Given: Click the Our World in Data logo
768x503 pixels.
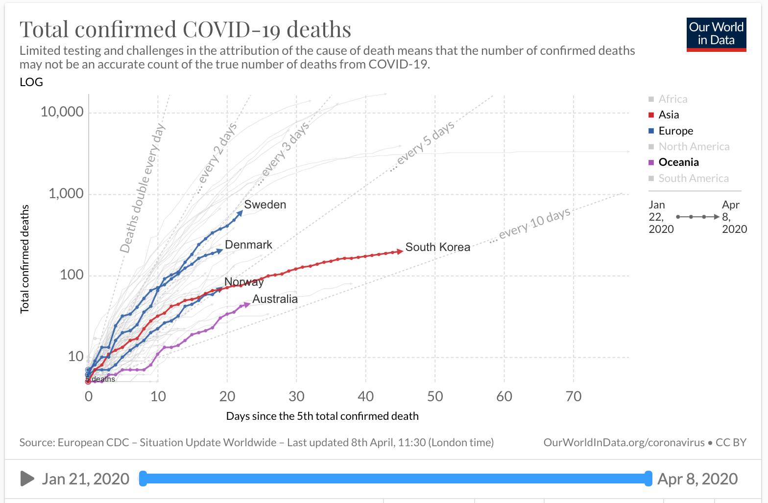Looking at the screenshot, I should (716, 34).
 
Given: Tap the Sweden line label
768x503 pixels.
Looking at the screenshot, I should (265, 205).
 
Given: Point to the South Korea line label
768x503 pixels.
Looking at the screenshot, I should (437, 247).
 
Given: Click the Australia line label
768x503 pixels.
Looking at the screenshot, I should (275, 299).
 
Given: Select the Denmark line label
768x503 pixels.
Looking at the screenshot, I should (248, 245).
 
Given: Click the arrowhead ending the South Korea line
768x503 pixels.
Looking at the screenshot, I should (400, 251).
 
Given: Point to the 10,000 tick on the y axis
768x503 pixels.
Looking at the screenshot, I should (62, 112).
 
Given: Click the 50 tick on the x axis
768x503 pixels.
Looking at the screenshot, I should (435, 396).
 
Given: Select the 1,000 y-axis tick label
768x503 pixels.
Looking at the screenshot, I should (66, 194).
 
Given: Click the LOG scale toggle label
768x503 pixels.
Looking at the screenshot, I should (31, 82).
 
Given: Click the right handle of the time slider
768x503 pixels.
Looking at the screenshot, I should (648, 479).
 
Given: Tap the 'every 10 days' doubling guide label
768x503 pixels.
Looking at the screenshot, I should (534, 224).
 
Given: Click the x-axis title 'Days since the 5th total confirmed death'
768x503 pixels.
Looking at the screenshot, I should (322, 416).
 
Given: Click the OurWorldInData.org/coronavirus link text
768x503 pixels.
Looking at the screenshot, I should (624, 443).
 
